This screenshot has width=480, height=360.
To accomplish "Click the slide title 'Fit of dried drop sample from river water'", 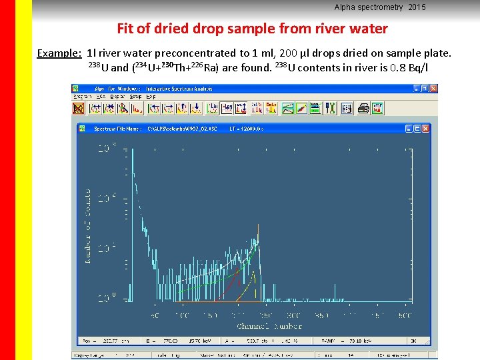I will pos(252,29).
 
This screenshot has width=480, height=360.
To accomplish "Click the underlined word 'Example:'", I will pos(59,53).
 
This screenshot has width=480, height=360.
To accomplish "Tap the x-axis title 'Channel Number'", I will pos(269,326).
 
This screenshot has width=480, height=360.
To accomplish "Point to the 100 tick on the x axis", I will pos(182,315).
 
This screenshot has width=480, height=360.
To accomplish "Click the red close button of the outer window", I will pos(433,88).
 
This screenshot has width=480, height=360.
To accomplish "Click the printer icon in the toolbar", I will pos(363,107).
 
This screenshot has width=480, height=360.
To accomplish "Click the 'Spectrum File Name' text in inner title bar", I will pos(118,128).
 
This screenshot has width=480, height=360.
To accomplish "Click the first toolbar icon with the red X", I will pos(79,107).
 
